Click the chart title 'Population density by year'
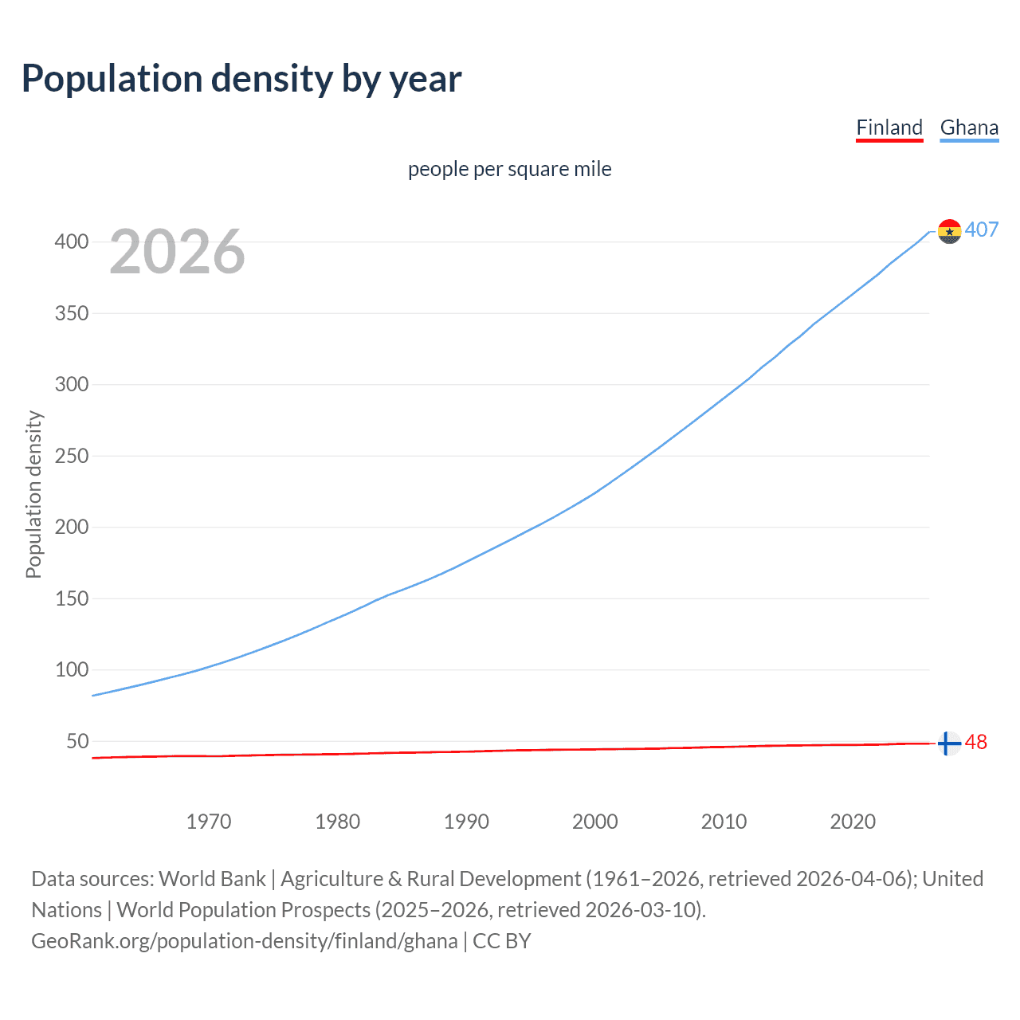click(x=241, y=79)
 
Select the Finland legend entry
click(x=889, y=127)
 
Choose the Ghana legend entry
click(x=969, y=127)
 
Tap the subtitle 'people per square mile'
click(x=510, y=169)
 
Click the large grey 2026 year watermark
click(x=177, y=252)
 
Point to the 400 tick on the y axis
click(x=72, y=241)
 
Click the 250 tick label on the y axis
click(x=72, y=456)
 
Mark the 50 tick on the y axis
click(x=77, y=741)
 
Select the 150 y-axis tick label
click(x=72, y=598)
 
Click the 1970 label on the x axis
click(x=209, y=822)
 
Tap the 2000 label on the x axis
click(x=595, y=822)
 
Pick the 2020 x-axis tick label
click(x=853, y=822)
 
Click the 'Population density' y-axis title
click(x=33, y=494)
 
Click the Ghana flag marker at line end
click(x=949, y=231)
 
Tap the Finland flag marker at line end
click(x=948, y=743)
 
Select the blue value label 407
click(x=982, y=229)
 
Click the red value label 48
click(x=976, y=742)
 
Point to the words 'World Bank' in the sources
click(x=212, y=879)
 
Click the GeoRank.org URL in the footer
click(x=245, y=941)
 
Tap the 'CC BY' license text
click(x=502, y=941)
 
